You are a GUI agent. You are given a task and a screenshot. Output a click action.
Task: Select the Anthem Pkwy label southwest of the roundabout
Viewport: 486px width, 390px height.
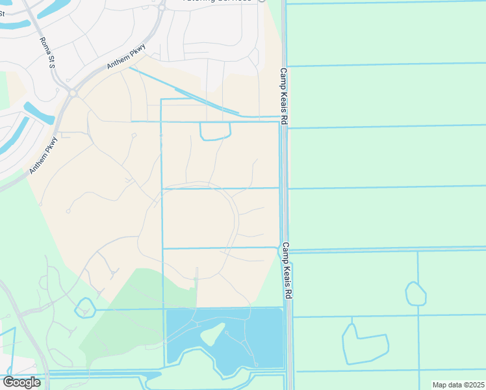pos(44,154)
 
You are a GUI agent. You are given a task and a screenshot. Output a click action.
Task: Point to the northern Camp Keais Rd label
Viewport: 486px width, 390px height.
pos(284,97)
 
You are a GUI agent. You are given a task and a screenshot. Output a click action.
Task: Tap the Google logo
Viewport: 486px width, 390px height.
pos(21,382)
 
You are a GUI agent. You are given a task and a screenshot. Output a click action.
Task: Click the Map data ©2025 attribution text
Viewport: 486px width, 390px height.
pos(457,385)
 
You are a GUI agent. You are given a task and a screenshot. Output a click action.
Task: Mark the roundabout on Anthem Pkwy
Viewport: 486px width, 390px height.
pos(73,93)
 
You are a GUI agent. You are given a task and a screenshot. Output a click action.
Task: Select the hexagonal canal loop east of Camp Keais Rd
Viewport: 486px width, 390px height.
pos(415,294)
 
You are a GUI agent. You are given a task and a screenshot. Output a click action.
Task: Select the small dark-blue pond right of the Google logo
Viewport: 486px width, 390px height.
pos(155,375)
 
